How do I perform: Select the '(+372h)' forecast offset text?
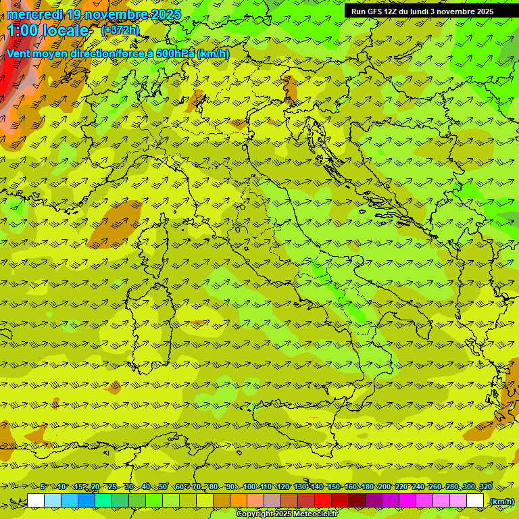point(120,30)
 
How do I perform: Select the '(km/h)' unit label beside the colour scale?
point(501,501)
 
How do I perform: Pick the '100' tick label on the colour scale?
point(249,487)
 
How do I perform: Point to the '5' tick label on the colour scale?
point(43,487)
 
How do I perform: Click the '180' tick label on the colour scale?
point(367,487)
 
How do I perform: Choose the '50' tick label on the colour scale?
point(163,487)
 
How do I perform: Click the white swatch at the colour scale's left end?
point(36,501)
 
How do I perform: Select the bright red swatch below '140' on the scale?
point(323,501)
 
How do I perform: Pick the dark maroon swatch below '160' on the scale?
point(357,501)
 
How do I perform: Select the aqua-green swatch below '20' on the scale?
point(103,501)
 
